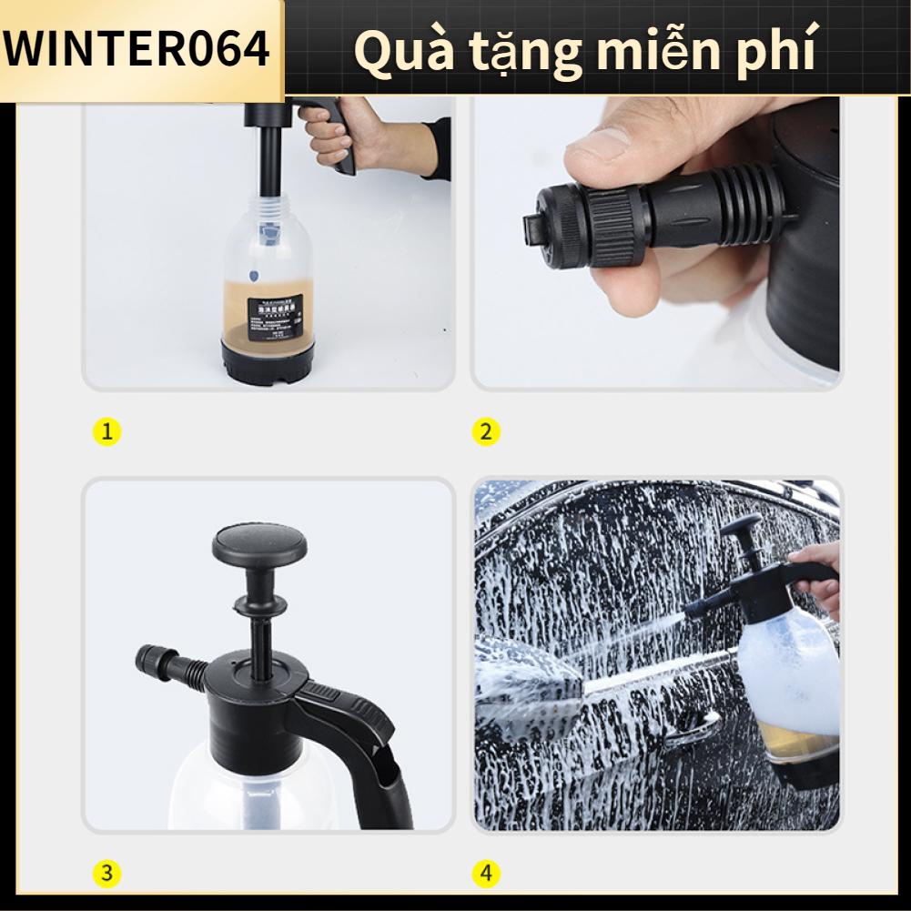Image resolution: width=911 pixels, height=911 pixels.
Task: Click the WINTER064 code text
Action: point(137,49)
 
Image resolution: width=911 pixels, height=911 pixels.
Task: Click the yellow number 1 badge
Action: point(107,431)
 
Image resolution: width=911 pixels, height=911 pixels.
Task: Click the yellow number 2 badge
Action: point(485,431)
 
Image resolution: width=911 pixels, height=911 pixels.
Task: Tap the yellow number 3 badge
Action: point(107,875)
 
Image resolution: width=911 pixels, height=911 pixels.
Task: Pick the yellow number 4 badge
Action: point(485,875)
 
